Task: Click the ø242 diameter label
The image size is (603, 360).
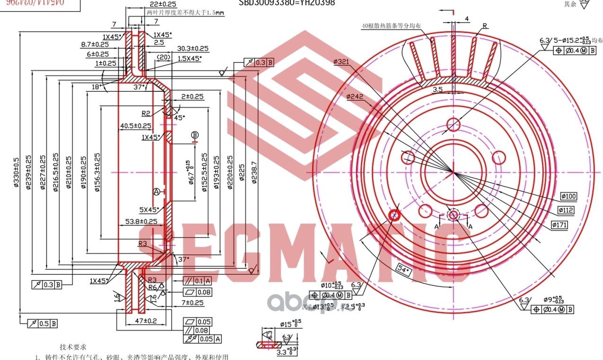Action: coord(355,97)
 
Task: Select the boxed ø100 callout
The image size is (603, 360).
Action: coord(569,196)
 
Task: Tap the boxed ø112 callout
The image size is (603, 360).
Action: coord(566,210)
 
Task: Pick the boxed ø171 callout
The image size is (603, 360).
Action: coord(559,225)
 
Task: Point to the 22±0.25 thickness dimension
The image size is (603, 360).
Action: coord(140,4)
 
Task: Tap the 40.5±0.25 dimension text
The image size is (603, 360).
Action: coord(136,126)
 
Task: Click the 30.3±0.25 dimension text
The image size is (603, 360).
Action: coord(193,48)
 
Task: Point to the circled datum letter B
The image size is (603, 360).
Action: coord(195,135)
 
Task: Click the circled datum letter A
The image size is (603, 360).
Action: coord(157,192)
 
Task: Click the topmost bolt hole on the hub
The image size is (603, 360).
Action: coord(454,124)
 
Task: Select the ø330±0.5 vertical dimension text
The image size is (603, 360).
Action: coord(16,173)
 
